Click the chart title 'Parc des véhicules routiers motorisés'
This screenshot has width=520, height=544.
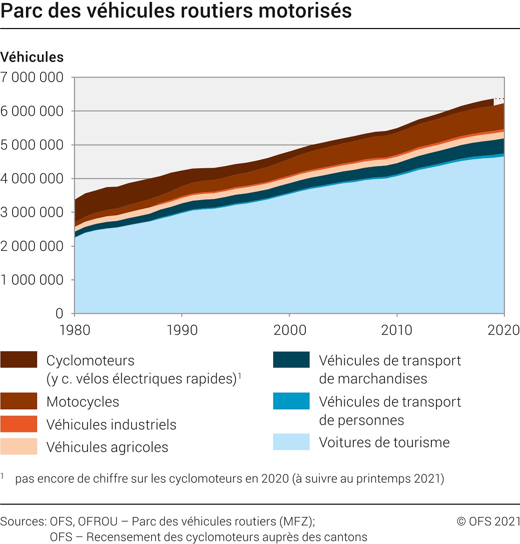pos(176,11)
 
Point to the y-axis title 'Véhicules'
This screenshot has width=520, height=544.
pos(32,57)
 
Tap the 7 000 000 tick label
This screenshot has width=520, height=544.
pos(32,78)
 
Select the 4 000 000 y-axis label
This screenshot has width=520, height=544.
pos(32,179)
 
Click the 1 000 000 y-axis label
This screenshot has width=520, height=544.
pos(32,280)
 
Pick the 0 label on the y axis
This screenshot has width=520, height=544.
pos(60,314)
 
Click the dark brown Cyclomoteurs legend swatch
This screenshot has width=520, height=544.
pos(19,360)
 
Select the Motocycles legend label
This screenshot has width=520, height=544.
pos(83,401)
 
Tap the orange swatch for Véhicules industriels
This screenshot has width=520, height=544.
pos(19,424)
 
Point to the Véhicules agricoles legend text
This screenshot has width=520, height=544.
pos(107,447)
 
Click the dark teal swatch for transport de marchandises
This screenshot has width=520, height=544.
pos(291,360)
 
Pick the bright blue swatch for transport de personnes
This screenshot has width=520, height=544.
pos(291,401)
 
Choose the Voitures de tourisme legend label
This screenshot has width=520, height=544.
pos(384,442)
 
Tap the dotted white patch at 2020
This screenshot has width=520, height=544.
pos(499,102)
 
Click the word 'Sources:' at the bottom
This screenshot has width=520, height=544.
pos(24,521)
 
